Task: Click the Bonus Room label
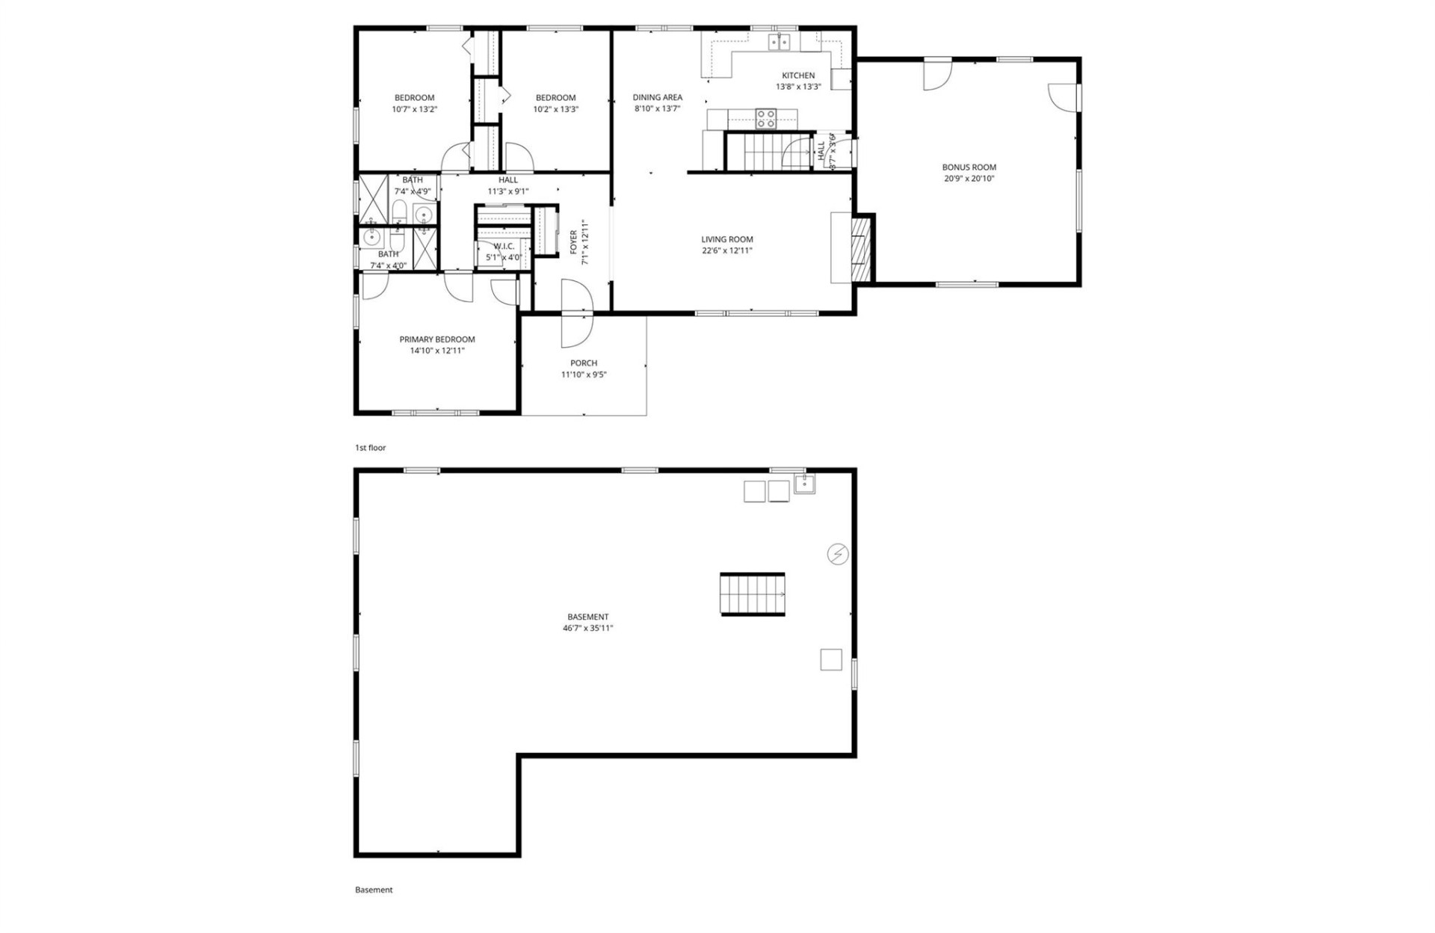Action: (969, 167)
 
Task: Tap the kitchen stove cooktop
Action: (765, 118)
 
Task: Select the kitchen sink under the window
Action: (779, 42)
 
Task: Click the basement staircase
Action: (753, 594)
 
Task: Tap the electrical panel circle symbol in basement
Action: (838, 554)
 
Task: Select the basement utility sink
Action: (804, 484)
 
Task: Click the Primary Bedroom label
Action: (436, 339)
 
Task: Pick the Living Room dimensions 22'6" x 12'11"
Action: (726, 251)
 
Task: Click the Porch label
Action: (584, 363)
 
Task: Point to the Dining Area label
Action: (657, 97)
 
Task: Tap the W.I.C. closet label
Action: (504, 247)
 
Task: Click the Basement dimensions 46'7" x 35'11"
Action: (587, 629)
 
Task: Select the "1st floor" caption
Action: (370, 448)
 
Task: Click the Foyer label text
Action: (573, 242)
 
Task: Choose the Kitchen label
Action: (798, 76)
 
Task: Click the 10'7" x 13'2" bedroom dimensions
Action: (414, 109)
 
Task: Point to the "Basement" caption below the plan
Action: (374, 890)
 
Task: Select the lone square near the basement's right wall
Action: (831, 659)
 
